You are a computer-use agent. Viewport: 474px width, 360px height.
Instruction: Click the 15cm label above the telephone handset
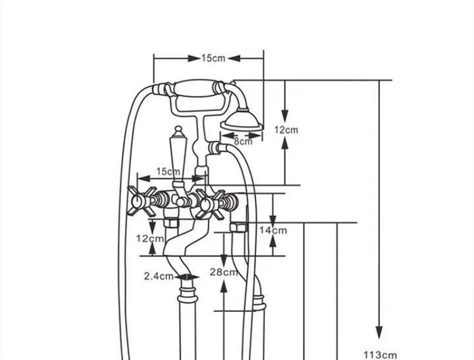(x=213, y=58)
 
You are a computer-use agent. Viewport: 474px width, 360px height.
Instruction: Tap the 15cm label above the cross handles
(x=168, y=172)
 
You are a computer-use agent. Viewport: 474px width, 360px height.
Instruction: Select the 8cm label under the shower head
(x=243, y=141)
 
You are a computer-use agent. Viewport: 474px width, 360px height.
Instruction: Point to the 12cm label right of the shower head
(x=286, y=130)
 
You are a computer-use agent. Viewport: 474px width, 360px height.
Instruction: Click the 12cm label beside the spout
(x=150, y=238)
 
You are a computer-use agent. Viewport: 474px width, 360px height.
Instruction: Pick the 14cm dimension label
(x=273, y=230)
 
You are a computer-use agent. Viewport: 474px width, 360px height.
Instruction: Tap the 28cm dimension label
(x=224, y=272)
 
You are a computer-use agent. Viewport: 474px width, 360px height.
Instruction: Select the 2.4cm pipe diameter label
(x=159, y=276)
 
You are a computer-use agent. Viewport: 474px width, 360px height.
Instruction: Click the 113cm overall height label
(x=380, y=355)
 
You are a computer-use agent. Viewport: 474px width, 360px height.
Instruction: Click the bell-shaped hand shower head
(x=242, y=120)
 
